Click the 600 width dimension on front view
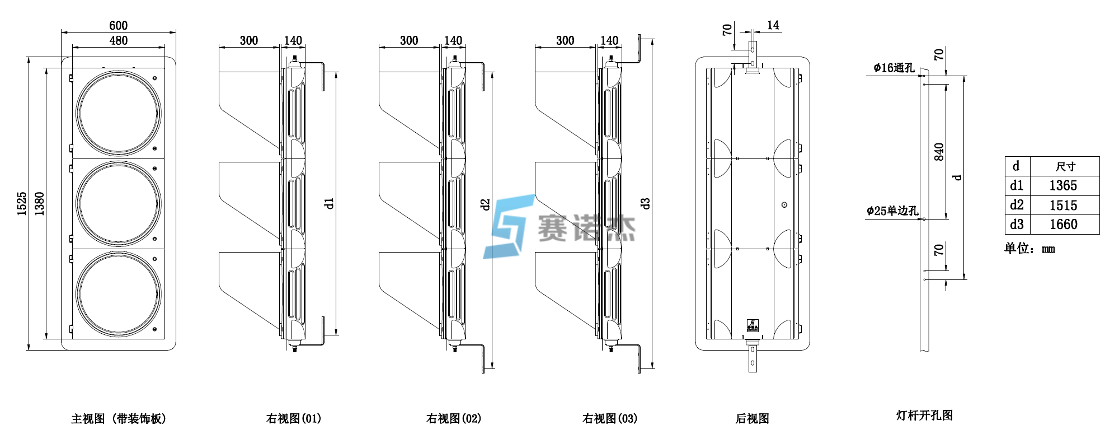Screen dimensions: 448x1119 coord(118,26)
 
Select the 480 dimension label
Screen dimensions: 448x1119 coord(118,41)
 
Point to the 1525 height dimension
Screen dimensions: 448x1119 coord(22,203)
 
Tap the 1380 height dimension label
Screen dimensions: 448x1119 coord(39,203)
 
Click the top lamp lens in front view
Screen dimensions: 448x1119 coord(119,113)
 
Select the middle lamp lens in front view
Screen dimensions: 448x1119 coord(119,204)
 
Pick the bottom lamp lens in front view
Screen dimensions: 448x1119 coord(119,294)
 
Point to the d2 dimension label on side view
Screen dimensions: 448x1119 coord(485,204)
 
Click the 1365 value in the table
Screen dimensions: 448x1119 coord(1063,186)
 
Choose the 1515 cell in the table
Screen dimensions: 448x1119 coord(1063,206)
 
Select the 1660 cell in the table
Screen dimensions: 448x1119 coord(1063,225)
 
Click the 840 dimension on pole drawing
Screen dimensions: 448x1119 coord(939,152)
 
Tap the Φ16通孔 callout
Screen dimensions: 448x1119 coord(894,68)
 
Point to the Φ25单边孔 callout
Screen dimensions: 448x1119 coord(892,211)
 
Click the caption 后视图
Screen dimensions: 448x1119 coord(752,419)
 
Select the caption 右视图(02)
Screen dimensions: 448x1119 coord(453,419)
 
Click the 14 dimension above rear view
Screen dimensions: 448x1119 coord(773,26)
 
